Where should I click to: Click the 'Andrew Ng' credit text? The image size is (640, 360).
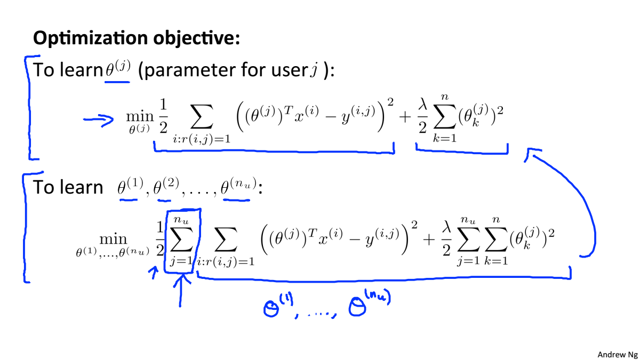pos(615,354)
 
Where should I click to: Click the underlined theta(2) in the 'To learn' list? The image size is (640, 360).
pos(163,188)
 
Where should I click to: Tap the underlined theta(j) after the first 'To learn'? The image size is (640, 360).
pos(117,71)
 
